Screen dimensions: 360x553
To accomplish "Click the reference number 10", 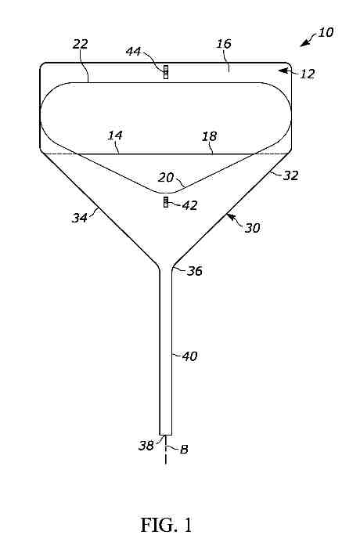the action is (x=326, y=32).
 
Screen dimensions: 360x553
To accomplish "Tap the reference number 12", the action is (x=307, y=74).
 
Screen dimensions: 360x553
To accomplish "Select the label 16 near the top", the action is (x=224, y=43).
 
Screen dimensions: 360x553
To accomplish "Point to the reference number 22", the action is (x=81, y=44).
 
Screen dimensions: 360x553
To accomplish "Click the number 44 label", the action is (x=134, y=51).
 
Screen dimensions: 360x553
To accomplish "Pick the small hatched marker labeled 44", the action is (x=166, y=72).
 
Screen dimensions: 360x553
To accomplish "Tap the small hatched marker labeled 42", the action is (x=166, y=202).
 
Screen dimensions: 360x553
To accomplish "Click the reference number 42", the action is (x=189, y=205).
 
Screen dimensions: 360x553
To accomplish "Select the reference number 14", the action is (x=115, y=135).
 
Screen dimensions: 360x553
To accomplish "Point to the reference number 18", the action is (x=210, y=136).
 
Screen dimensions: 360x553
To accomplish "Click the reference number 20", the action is (x=166, y=177).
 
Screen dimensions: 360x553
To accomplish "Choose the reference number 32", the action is (x=291, y=175).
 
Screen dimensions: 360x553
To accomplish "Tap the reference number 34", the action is (x=80, y=218).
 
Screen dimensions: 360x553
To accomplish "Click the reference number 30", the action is (x=252, y=228).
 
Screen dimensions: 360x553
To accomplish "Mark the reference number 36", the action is (x=195, y=271).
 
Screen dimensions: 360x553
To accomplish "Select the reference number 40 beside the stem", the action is (x=189, y=356).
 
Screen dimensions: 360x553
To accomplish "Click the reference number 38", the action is (x=146, y=446).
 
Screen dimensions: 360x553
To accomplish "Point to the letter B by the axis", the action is (x=184, y=450).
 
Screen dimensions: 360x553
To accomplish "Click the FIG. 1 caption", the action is (x=166, y=525).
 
